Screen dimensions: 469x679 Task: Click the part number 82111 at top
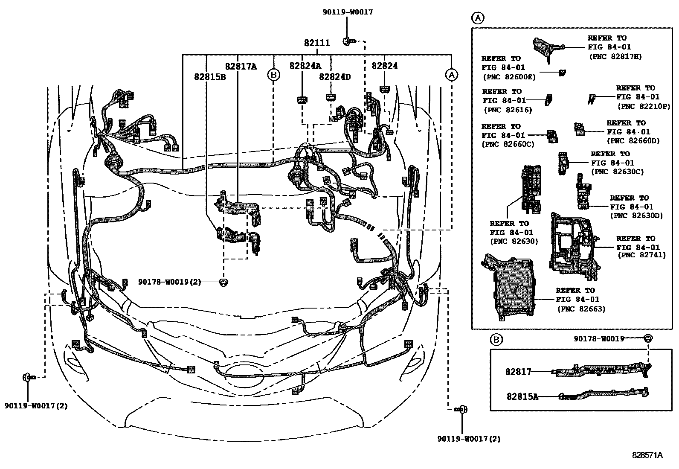coord(316,43)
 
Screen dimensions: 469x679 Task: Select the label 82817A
coord(241,66)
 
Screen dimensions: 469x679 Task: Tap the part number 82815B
coord(210,77)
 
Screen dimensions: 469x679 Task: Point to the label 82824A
coord(305,66)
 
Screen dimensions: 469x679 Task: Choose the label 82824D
coord(335,77)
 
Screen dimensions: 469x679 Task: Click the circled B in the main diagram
coord(273,75)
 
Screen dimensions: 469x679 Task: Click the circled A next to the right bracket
coord(451,75)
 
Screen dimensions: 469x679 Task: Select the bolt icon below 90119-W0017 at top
coord(348,41)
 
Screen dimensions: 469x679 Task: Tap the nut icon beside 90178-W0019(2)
coord(223,282)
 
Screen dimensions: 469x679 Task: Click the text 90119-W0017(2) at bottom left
coord(36,406)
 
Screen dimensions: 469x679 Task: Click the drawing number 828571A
coord(647,455)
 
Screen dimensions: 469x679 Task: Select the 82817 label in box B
coord(518,372)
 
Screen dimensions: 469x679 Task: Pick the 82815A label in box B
coord(522,396)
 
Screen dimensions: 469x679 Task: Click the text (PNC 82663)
coord(581,309)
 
